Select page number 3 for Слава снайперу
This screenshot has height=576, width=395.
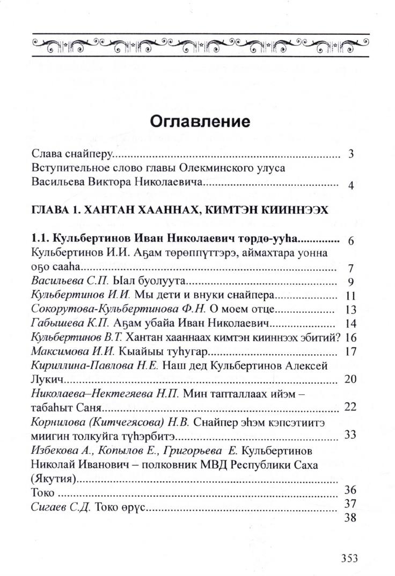350,155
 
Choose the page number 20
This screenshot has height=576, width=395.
350,379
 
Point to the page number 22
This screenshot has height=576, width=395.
350,407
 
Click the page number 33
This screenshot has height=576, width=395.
350,435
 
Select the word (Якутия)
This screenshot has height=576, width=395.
55,478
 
